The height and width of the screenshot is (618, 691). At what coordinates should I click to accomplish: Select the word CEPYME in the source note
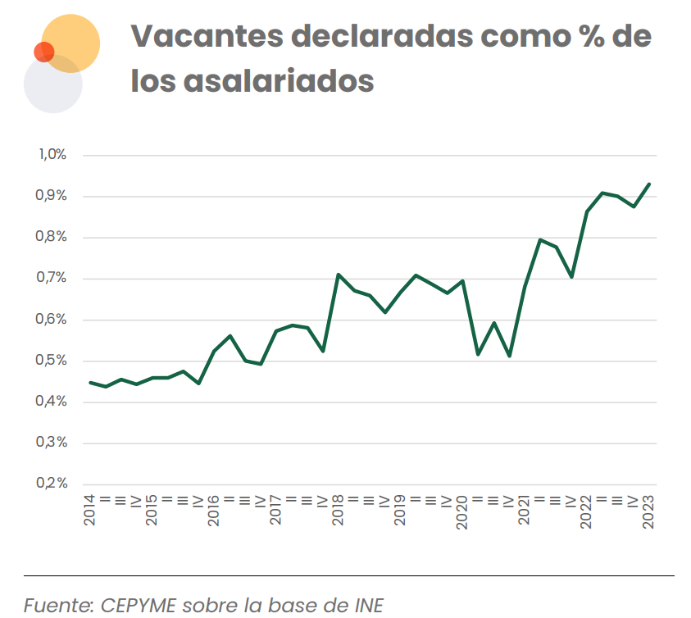click(x=134, y=606)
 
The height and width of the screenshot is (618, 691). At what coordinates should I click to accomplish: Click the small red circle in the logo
click(x=43, y=52)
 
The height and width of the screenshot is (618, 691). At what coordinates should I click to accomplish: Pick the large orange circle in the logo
click(x=72, y=41)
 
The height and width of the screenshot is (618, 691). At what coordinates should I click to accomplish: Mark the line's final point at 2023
click(x=649, y=184)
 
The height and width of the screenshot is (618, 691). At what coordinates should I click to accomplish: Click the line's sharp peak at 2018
click(x=338, y=274)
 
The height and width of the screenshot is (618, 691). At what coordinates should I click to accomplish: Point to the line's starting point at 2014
click(x=90, y=382)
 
